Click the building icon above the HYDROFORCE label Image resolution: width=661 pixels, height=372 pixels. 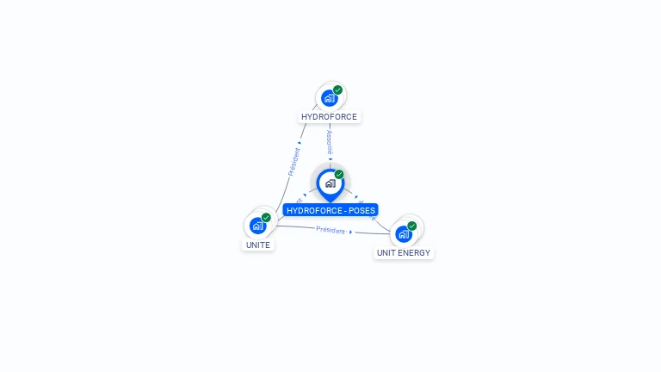coord(329,98)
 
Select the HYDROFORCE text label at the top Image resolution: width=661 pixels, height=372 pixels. coord(329,117)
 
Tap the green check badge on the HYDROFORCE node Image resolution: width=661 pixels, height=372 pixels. coord(338,90)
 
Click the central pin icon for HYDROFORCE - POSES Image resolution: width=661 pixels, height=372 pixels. coord(330,183)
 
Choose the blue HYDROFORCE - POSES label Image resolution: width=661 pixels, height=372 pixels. coord(330,210)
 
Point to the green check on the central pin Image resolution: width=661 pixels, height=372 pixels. coord(339,175)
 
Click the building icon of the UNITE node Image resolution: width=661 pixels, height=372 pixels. coord(257,226)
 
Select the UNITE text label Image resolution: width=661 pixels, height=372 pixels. coord(258,245)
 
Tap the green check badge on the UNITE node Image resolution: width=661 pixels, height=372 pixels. coord(266,218)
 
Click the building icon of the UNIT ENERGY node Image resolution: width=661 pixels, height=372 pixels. coord(403,233)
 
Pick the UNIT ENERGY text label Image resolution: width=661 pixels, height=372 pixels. coord(404,253)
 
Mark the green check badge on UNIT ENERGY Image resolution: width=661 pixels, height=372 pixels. coord(412,226)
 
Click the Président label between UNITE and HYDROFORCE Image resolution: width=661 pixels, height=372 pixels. coord(293,162)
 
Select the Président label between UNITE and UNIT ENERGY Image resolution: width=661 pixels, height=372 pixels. coord(330,230)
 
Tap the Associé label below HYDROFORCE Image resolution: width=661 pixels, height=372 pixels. coord(330,142)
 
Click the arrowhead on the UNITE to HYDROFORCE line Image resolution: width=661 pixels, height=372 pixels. coord(300,142)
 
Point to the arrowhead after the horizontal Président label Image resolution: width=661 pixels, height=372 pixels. coord(351,232)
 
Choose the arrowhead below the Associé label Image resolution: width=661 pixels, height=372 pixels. coord(330,159)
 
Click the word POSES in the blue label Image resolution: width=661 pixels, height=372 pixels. coord(361,210)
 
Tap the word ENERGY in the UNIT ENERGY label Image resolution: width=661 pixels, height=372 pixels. coord(414,253)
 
